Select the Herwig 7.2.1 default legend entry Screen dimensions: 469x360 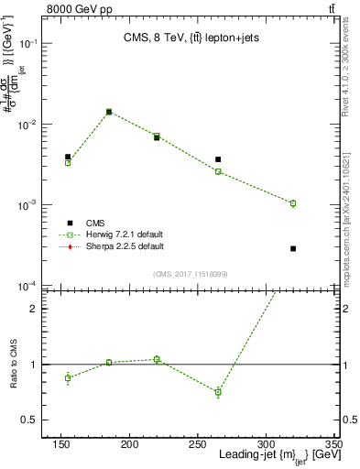click(x=113, y=235)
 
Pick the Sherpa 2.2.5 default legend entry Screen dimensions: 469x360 click(x=113, y=247)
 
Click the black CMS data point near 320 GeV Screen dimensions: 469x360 click(x=293, y=248)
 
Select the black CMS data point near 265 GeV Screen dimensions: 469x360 click(x=218, y=159)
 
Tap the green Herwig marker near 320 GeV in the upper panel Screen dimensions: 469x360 click(x=293, y=203)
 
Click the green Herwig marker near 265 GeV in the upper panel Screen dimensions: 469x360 click(x=218, y=171)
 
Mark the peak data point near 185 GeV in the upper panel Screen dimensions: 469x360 click(x=109, y=112)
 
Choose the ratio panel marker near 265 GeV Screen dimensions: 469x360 click(x=218, y=392)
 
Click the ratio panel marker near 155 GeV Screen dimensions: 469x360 click(x=68, y=377)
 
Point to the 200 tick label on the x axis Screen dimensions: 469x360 click(x=130, y=445)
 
